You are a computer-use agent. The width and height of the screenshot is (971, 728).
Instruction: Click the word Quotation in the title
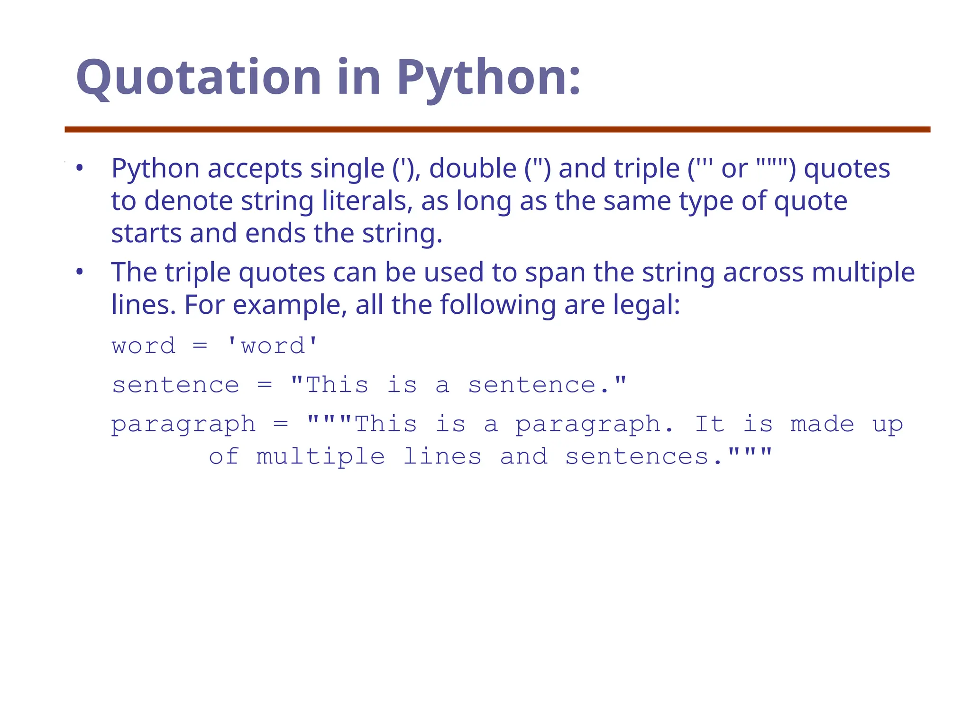pyautogui.click(x=198, y=77)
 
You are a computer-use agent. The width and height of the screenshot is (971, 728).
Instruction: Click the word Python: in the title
pyautogui.click(x=488, y=77)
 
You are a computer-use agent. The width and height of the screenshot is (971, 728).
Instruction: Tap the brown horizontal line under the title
pyautogui.click(x=497, y=129)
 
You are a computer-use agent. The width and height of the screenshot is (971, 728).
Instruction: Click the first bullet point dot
pyautogui.click(x=79, y=168)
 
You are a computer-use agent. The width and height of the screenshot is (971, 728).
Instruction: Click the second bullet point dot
pyautogui.click(x=79, y=272)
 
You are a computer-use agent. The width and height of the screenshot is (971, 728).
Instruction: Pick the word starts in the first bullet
pyautogui.click(x=146, y=233)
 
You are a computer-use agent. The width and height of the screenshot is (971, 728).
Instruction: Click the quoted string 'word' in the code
pyautogui.click(x=273, y=346)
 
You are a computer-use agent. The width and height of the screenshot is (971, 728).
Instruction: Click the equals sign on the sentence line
pyautogui.click(x=265, y=385)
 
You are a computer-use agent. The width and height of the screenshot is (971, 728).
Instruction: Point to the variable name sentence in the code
pyautogui.click(x=175, y=385)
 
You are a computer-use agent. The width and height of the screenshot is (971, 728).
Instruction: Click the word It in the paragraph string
pyautogui.click(x=710, y=424)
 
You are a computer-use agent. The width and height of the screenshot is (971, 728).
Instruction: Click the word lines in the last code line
pyautogui.click(x=442, y=457)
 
